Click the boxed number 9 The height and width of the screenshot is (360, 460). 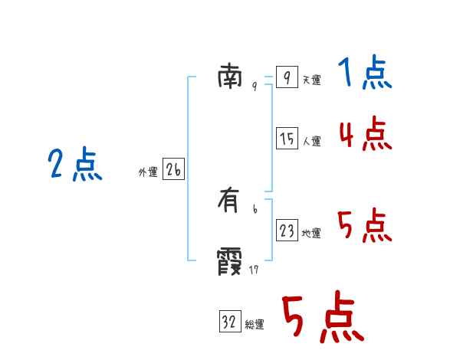286,77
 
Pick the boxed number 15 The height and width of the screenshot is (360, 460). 287,139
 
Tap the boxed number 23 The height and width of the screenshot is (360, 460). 287,230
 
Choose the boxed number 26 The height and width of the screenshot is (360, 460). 173,169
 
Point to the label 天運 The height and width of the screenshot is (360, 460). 311,80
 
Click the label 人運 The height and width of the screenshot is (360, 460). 311,141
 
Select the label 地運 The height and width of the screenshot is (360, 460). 311,233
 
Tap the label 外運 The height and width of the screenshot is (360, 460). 147,172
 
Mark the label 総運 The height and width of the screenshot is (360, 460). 255,325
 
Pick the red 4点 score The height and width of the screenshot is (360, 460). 365,134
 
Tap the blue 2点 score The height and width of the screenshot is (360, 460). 74,165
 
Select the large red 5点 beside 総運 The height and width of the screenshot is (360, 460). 323,318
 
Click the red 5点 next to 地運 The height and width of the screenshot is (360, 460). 364,225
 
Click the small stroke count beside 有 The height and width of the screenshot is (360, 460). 255,208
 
